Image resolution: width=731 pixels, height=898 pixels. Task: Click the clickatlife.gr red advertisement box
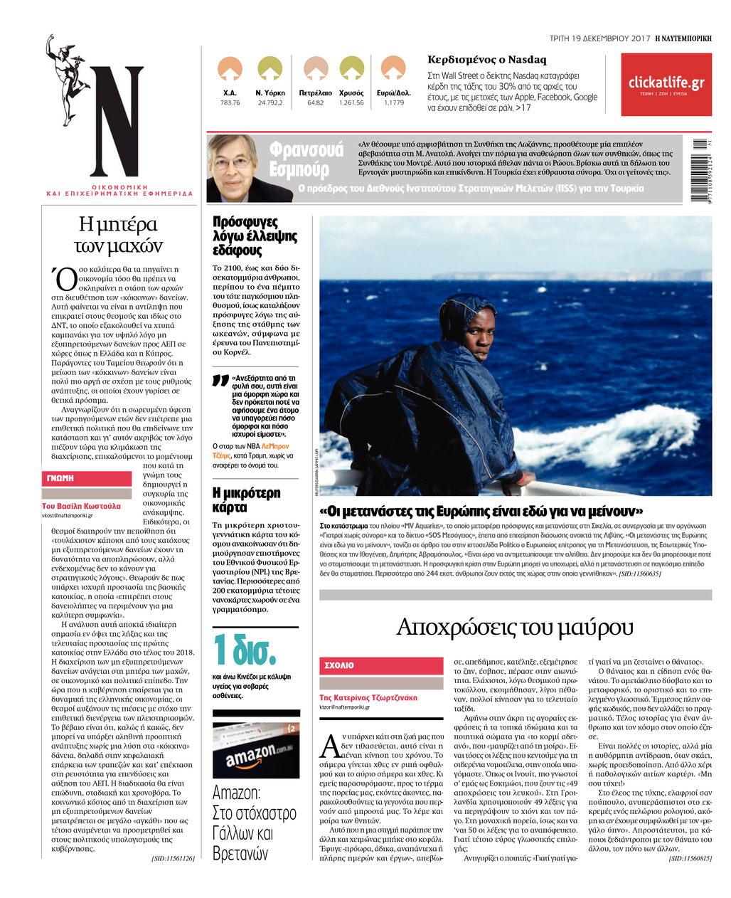pos(666,85)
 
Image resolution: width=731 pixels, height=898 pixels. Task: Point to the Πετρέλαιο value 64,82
pos(315,103)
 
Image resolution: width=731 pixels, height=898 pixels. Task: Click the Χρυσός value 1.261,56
pos(351,103)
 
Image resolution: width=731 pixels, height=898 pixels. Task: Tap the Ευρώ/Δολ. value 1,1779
pos(393,103)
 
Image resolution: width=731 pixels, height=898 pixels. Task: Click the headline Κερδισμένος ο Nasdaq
pos(486,60)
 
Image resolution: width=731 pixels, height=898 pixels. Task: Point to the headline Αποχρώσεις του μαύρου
pos(514,627)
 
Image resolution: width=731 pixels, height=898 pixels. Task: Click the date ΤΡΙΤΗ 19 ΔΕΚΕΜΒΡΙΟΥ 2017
pos(599,38)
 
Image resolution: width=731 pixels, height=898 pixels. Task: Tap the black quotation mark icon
pos(220,381)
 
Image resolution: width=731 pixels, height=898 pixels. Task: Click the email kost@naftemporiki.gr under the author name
pos(68,515)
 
